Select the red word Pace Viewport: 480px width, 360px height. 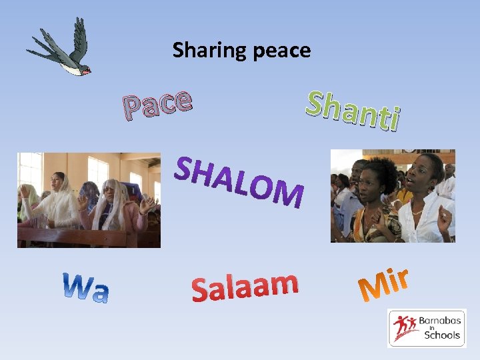pos(157,104)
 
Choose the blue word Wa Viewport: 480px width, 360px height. pos(86,287)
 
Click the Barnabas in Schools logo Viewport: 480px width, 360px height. pos(427,327)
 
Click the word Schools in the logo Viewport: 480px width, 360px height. pos(442,335)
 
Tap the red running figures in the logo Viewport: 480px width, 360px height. pos(404,327)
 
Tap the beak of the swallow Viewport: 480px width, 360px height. pos(91,70)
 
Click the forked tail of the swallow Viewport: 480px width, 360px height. pos(37,47)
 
